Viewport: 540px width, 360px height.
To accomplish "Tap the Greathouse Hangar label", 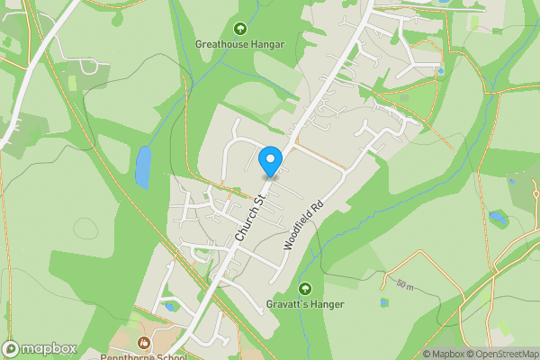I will coord(239,43).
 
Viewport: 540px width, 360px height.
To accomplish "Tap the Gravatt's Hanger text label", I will coord(305,304).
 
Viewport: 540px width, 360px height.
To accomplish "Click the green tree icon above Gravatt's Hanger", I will coord(305,289).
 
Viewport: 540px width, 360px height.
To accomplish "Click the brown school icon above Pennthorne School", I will coord(145,343).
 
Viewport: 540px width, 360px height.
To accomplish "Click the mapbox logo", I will coord(40,348).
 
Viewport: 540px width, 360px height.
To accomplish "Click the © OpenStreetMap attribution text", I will coord(506,354).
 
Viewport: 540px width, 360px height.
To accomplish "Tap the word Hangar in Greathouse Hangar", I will coord(267,43).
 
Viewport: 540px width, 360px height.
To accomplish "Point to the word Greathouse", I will coord(221,43).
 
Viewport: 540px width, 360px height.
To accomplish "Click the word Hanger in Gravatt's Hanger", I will coord(328,304).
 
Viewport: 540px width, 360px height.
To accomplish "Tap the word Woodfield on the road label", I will coord(296,232).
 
